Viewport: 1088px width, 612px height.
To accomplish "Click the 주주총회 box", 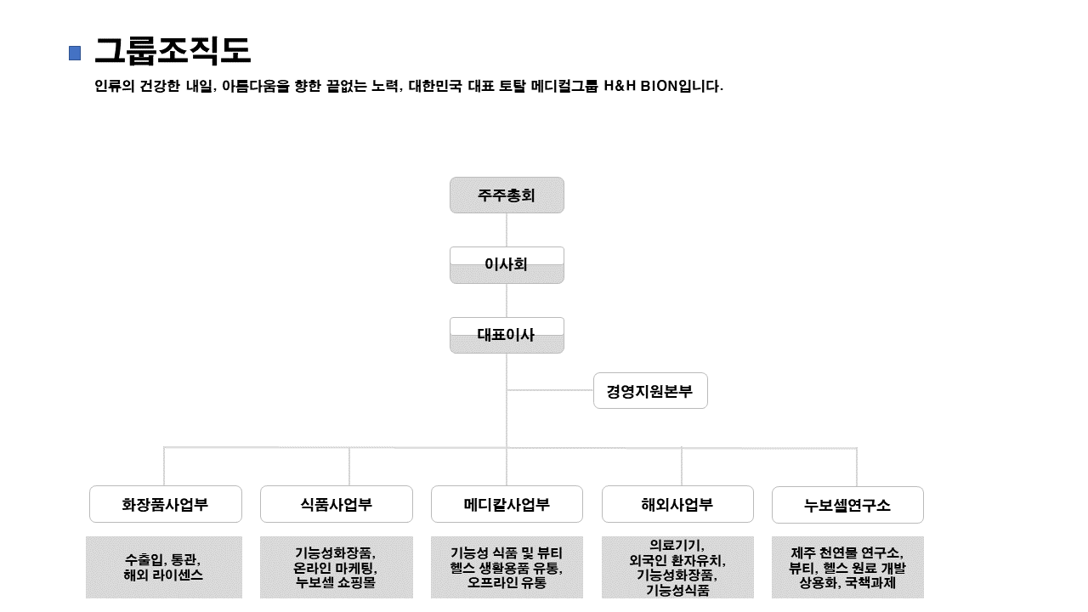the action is point(507,195).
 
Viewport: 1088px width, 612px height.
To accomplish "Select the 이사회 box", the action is point(507,264).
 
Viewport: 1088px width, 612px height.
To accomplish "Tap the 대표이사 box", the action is point(507,335).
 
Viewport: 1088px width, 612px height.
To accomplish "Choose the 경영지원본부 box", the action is point(650,391).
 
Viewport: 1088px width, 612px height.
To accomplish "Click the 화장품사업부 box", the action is point(165,504).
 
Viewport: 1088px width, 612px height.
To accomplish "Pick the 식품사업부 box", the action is point(336,504).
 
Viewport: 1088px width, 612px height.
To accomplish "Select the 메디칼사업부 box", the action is point(507,504).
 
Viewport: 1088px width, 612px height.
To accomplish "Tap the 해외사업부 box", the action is point(677,504).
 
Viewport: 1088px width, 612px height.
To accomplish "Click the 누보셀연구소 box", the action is point(847,505).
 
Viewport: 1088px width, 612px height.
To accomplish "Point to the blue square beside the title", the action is point(75,53).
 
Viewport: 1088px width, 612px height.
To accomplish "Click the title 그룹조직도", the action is point(173,51).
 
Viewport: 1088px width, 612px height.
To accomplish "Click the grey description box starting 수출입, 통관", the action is point(164,567).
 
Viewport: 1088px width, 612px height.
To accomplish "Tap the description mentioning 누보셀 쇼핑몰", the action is point(336,567).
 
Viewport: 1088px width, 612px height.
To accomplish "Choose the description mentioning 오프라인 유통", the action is point(507,567).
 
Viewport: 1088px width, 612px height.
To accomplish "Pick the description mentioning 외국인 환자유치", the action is point(677,567).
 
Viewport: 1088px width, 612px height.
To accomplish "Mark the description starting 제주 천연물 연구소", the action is point(847,567).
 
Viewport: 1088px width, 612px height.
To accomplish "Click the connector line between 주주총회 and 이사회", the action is point(507,229).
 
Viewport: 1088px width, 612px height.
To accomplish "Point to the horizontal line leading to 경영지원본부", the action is point(550,390).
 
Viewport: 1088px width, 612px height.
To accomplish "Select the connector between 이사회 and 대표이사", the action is point(507,300).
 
